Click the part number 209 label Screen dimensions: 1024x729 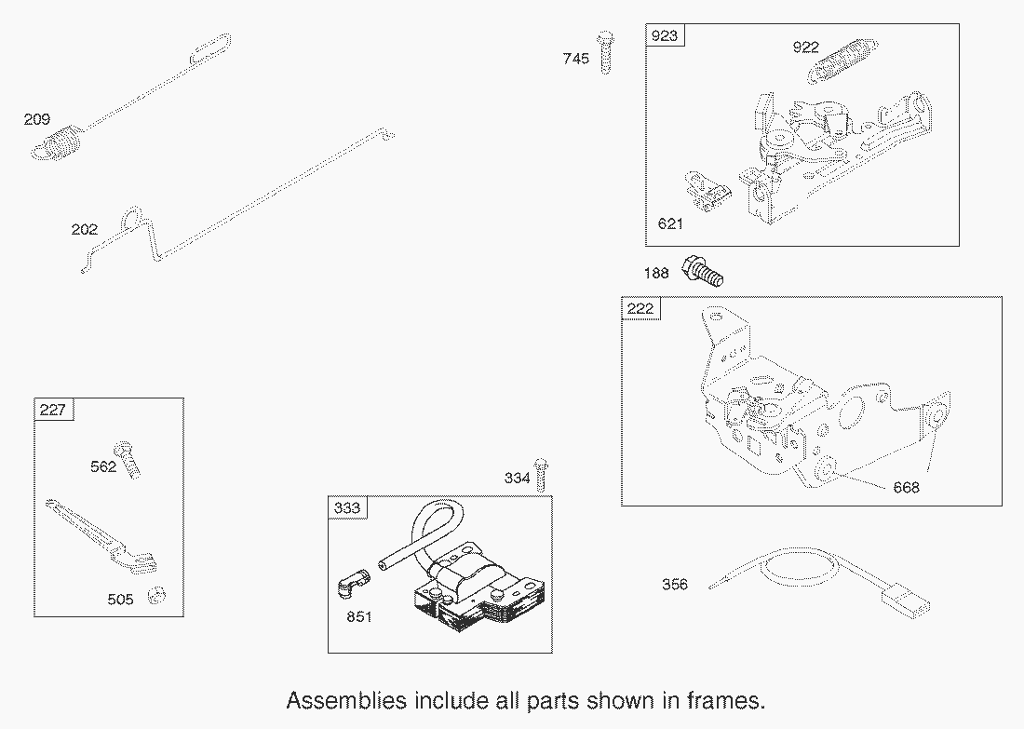(x=36, y=119)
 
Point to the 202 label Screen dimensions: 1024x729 (x=84, y=229)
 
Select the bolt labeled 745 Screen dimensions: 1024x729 (x=606, y=51)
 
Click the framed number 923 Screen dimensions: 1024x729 (x=664, y=35)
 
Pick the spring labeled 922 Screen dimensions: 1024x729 (x=842, y=61)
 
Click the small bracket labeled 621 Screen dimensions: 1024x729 (x=707, y=192)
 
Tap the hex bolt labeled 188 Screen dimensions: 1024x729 (x=702, y=271)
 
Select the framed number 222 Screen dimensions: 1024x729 (x=640, y=308)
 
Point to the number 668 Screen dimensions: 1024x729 (x=906, y=487)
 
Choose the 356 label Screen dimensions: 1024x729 (x=675, y=584)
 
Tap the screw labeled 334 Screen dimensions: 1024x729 (x=541, y=475)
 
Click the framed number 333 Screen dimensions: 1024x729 (x=347, y=508)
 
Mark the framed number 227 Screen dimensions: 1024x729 (x=52, y=410)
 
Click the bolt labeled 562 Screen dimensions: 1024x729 (x=128, y=460)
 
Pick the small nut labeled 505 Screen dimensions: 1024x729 (x=156, y=595)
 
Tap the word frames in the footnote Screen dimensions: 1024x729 (x=725, y=701)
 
